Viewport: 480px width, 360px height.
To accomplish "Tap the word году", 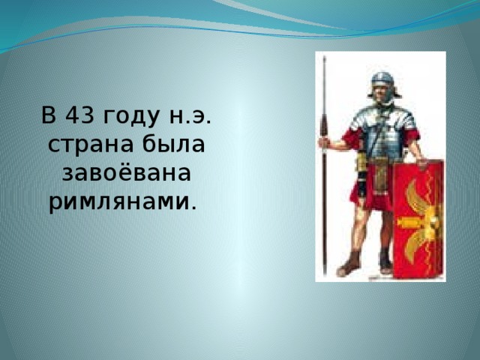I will point(125,118).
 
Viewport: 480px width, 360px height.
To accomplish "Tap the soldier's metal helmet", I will point(382,79).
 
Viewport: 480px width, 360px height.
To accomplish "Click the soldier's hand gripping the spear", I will point(325,142).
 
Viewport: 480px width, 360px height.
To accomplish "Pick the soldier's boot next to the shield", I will point(385,262).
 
